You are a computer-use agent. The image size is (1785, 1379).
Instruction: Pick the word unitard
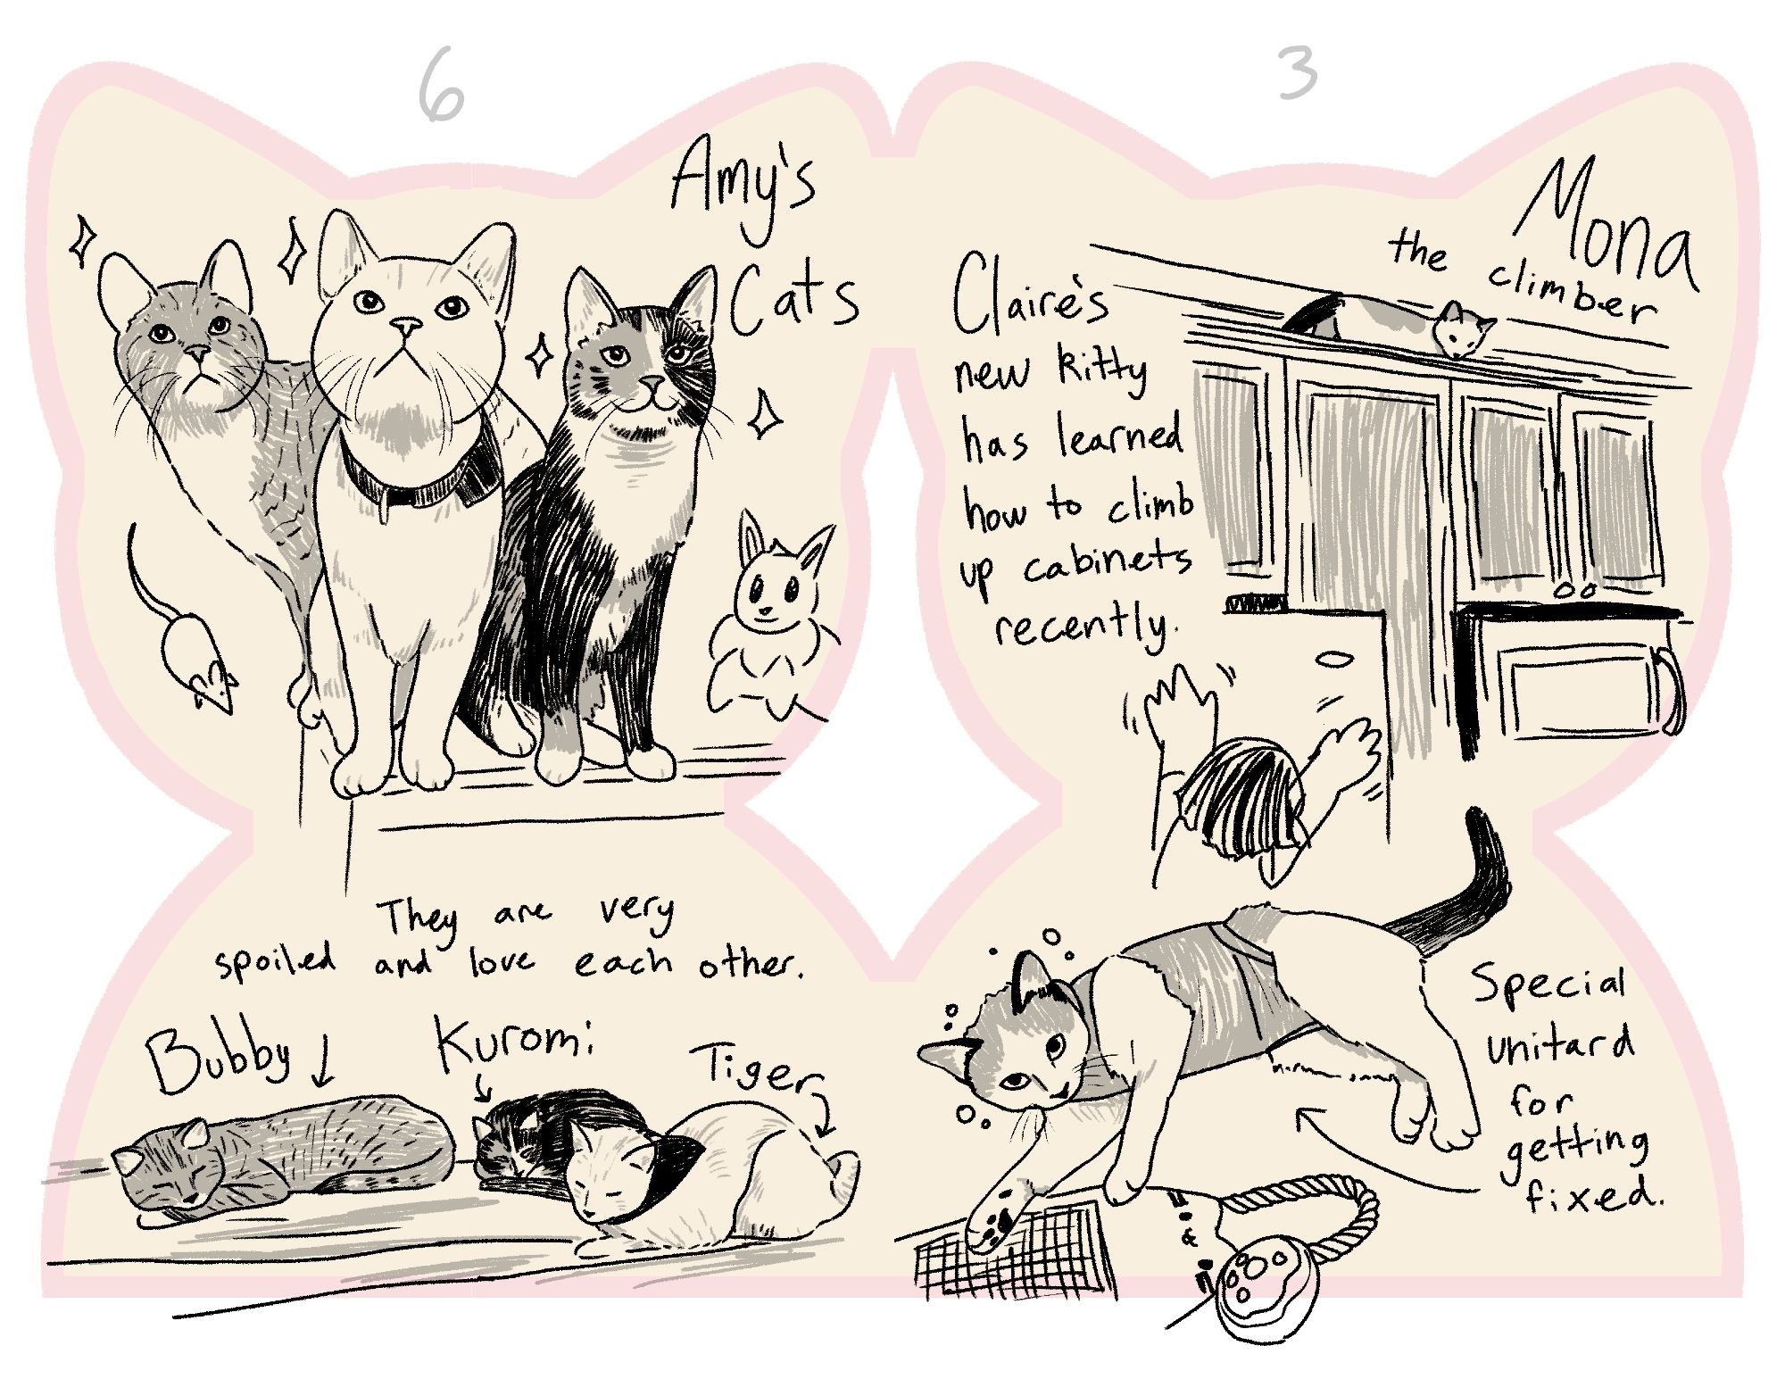click(1560, 1046)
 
